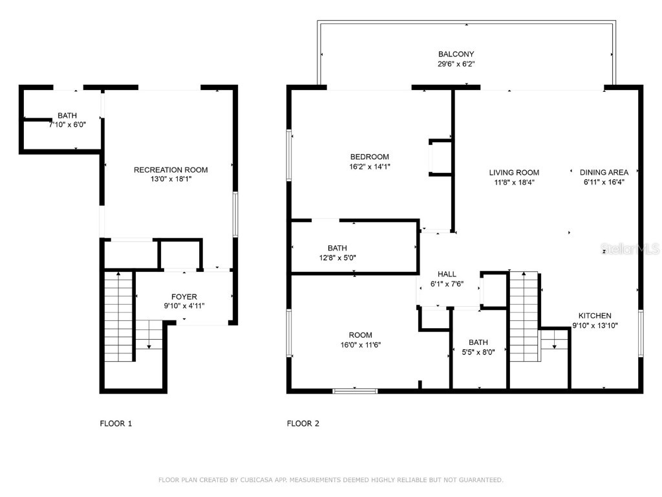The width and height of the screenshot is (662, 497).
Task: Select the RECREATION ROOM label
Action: (171, 170)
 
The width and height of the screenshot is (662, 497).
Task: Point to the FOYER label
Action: (184, 297)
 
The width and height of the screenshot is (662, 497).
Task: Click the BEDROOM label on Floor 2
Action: (369, 157)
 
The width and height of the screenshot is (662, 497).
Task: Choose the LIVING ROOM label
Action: (514, 173)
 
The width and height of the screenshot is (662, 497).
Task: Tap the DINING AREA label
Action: (604, 173)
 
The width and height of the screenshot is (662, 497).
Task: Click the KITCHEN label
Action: (594, 316)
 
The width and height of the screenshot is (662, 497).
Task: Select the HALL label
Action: (447, 274)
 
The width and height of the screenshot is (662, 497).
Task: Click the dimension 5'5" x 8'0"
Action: (478, 352)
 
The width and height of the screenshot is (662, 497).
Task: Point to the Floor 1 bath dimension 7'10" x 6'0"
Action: (67, 125)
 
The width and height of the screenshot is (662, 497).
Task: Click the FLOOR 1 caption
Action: (116, 424)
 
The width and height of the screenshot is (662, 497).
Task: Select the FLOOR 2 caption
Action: (303, 424)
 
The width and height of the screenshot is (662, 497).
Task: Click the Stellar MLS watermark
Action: (630, 248)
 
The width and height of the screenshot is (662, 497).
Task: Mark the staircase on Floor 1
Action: (119, 317)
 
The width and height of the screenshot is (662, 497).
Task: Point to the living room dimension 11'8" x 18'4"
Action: (514, 182)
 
